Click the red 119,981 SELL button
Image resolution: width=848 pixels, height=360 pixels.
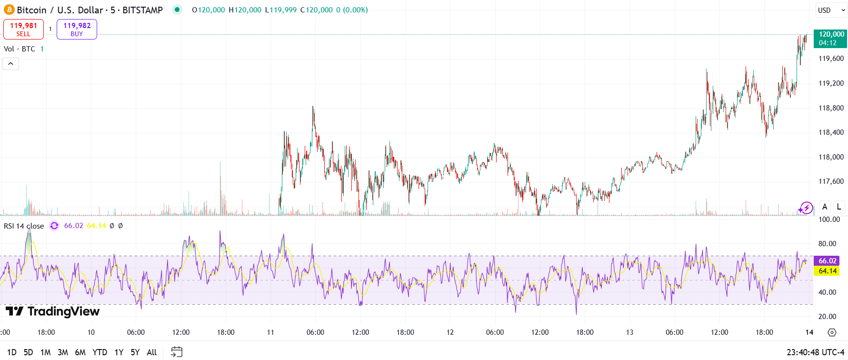pyautogui.click(x=23, y=29)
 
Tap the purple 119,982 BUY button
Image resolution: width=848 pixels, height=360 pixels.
pyautogui.click(x=77, y=29)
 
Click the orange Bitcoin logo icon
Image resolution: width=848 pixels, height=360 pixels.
pyautogui.click(x=9, y=10)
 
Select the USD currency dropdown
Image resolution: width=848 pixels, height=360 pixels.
pyautogui.click(x=831, y=10)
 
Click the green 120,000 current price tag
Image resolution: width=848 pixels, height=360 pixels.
pyautogui.click(x=831, y=39)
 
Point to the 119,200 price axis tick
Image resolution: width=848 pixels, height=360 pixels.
pyautogui.click(x=831, y=83)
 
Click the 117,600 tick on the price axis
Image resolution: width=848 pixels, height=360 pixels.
pyautogui.click(x=831, y=181)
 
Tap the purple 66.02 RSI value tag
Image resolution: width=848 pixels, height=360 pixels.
pyautogui.click(x=827, y=261)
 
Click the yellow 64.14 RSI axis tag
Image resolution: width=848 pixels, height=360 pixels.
pyautogui.click(x=827, y=271)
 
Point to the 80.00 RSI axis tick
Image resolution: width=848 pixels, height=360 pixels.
pyautogui.click(x=827, y=244)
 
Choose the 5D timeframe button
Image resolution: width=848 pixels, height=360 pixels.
pyautogui.click(x=28, y=352)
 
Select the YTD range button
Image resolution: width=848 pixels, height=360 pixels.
pyautogui.click(x=100, y=352)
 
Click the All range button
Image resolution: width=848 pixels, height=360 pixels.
pyautogui.click(x=151, y=352)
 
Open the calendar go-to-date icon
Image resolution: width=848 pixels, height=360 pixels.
pyautogui.click(x=177, y=352)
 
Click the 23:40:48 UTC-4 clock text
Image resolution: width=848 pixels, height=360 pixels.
pyautogui.click(x=815, y=352)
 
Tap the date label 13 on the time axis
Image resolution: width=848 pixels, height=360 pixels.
pyautogui.click(x=629, y=332)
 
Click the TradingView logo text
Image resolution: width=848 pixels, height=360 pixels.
pyautogui.click(x=53, y=311)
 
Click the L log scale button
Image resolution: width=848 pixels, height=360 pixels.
pyautogui.click(x=838, y=207)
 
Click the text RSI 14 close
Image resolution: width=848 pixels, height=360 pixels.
pyautogui.click(x=24, y=226)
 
